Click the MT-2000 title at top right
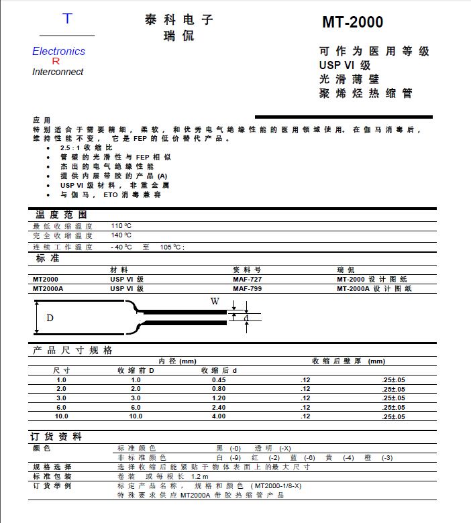[x=352, y=23]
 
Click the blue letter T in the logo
[x=66, y=19]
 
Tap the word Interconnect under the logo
[x=58, y=72]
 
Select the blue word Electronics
[x=59, y=52]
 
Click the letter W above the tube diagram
[x=215, y=302]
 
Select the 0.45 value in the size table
[x=219, y=380]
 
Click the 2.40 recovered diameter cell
[x=219, y=407]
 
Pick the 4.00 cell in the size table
[x=219, y=416]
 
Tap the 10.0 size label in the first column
[x=62, y=416]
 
